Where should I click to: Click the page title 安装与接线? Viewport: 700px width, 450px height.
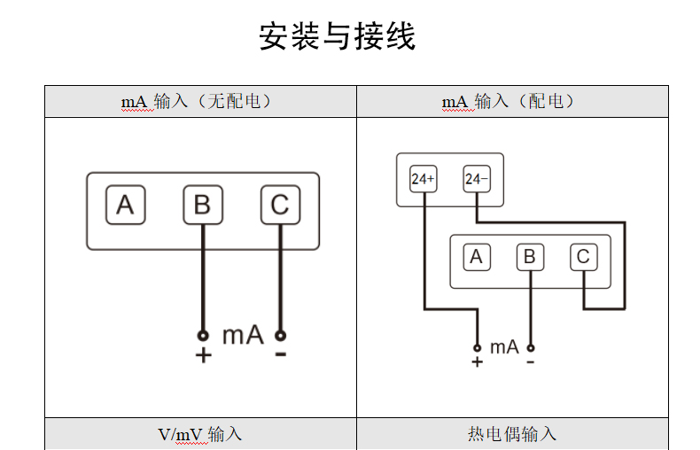(x=337, y=37)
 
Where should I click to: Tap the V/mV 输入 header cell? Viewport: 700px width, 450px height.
(x=200, y=434)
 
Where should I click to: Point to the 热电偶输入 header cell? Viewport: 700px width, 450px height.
(x=512, y=434)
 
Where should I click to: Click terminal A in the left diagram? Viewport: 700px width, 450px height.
(x=125, y=206)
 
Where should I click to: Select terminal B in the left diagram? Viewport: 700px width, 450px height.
(x=202, y=206)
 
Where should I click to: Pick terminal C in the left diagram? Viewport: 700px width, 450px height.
(x=280, y=206)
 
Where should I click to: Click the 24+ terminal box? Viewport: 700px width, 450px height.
(x=423, y=179)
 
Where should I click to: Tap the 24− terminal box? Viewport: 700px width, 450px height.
(x=476, y=179)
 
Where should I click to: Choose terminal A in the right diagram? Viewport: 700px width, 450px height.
(x=476, y=257)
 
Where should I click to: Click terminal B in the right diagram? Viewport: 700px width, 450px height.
(x=530, y=257)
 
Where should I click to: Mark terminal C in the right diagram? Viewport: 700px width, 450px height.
(x=582, y=257)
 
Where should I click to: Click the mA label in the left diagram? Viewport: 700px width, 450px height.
(x=242, y=336)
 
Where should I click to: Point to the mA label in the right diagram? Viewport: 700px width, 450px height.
(x=504, y=347)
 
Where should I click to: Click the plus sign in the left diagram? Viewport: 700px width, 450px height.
(x=203, y=355)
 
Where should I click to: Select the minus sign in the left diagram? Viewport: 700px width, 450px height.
(x=281, y=354)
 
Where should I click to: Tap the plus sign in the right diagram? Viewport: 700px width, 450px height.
(x=477, y=361)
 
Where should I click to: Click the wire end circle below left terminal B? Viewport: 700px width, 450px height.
(x=203, y=336)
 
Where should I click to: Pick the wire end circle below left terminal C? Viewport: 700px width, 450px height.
(x=280, y=336)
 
